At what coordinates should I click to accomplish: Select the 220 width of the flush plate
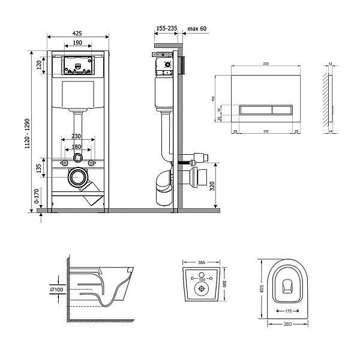pyautogui.click(x=265, y=63)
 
